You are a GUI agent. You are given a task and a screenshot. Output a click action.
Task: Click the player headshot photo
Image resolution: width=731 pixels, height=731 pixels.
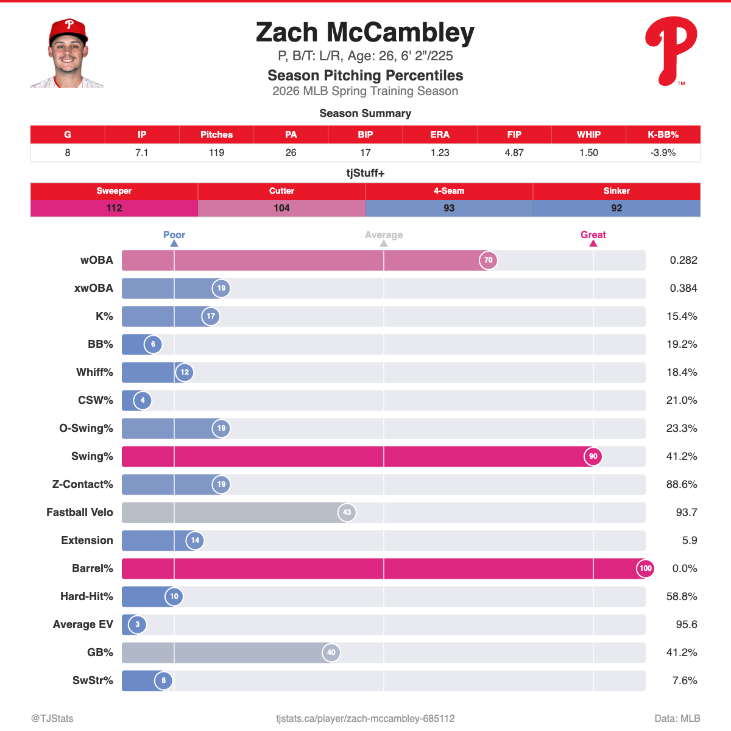68,54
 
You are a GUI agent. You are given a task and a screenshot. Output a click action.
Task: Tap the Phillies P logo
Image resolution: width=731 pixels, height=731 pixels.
671,51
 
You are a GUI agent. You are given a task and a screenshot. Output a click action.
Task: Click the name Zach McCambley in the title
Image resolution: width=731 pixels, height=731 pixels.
365,33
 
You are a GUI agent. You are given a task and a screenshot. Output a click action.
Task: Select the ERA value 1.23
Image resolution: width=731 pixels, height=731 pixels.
440,153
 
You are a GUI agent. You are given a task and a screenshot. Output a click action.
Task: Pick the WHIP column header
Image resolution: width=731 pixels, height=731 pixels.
588,135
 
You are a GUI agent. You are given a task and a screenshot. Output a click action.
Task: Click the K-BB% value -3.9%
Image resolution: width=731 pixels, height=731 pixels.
663,153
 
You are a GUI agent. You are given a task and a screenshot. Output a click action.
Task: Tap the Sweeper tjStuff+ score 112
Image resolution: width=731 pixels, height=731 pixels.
114,208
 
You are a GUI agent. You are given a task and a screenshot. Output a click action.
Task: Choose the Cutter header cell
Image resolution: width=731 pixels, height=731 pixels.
281,191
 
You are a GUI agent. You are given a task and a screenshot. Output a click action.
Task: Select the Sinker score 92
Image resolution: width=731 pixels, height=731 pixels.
616,208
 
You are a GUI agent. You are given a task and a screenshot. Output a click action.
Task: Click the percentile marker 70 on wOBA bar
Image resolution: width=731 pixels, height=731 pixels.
488,260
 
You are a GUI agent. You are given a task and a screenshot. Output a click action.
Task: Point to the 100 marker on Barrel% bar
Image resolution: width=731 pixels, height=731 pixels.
645,568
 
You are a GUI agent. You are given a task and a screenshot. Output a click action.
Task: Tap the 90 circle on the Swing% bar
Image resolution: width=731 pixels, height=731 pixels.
593,456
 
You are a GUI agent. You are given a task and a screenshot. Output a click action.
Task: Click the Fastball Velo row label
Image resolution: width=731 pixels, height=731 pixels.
80,512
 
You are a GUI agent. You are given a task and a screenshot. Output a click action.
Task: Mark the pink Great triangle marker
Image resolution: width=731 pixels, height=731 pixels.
593,244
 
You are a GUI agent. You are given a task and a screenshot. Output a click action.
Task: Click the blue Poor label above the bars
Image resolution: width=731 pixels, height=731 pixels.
174,235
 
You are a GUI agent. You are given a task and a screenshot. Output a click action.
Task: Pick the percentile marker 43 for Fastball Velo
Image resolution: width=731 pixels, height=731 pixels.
347,512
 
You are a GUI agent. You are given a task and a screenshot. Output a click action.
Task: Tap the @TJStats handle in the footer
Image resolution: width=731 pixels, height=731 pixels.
52,719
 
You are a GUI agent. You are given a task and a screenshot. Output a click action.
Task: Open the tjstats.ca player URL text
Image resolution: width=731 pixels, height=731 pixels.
365,719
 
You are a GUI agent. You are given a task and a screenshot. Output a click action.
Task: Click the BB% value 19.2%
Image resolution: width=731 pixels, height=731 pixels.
682,344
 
